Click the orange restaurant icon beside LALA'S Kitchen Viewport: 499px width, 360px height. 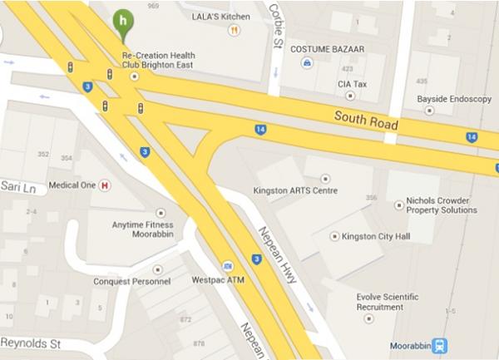coord(234,30)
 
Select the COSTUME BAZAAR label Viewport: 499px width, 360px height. coord(321,49)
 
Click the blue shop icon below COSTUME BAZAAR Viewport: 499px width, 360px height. coord(307,62)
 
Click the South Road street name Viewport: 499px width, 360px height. coord(366,121)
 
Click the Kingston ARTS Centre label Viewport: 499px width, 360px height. coord(294,190)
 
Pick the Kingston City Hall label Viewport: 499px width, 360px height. coord(376,236)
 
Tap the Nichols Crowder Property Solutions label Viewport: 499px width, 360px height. coord(441,205)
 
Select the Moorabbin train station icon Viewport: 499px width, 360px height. coord(440,345)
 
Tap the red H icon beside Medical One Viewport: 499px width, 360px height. coord(105,185)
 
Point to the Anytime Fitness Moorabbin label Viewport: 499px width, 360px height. coord(142,229)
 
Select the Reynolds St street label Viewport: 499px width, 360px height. coord(30,342)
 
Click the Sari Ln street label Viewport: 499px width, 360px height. coord(17,188)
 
